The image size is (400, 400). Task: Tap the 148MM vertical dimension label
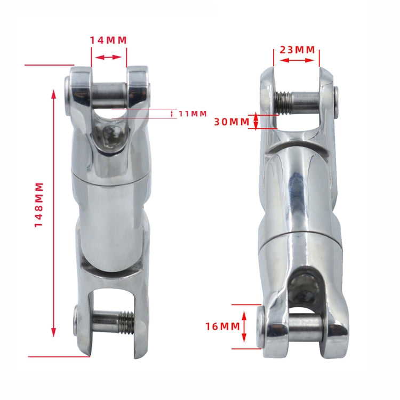pos(39,205)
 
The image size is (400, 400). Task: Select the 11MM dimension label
pos(193,114)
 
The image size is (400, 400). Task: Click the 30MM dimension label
pos(231,121)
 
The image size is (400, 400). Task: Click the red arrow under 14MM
pos(109,58)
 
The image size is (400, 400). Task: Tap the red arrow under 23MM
pos(297,60)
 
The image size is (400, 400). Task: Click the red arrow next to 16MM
pos(244,326)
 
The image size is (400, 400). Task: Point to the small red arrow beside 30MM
pos(256,121)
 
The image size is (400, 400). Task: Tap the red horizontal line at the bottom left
pos(59,356)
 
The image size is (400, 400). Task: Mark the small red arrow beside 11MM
pos(172,114)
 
